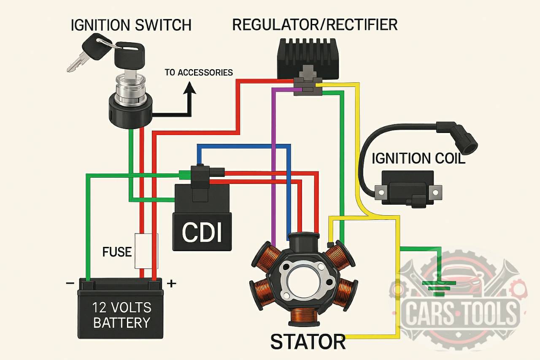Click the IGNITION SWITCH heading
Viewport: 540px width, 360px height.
(131, 25)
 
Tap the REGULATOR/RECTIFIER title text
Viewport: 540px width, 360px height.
(315, 24)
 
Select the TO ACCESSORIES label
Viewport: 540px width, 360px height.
(199, 73)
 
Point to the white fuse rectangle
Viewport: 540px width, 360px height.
(146, 251)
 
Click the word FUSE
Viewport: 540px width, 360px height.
(117, 252)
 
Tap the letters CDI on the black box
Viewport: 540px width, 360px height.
(202, 232)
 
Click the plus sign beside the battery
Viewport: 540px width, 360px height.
(171, 284)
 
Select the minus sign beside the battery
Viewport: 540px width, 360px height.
(70, 283)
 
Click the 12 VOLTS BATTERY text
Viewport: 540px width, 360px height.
(122, 315)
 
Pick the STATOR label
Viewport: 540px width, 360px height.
(308, 342)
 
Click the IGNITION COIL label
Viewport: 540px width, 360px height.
(418, 159)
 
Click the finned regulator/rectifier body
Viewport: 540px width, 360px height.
(308, 59)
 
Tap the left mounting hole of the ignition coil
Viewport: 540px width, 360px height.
(381, 192)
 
